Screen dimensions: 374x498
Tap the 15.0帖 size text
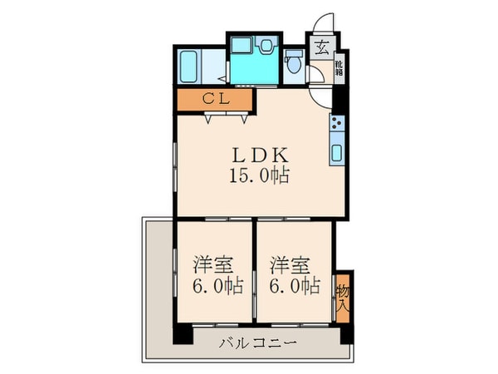[x=260, y=176]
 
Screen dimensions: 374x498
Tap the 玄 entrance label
[x=320, y=45]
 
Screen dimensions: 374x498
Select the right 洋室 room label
[x=290, y=266]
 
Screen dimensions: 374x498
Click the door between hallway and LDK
[x=320, y=94]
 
